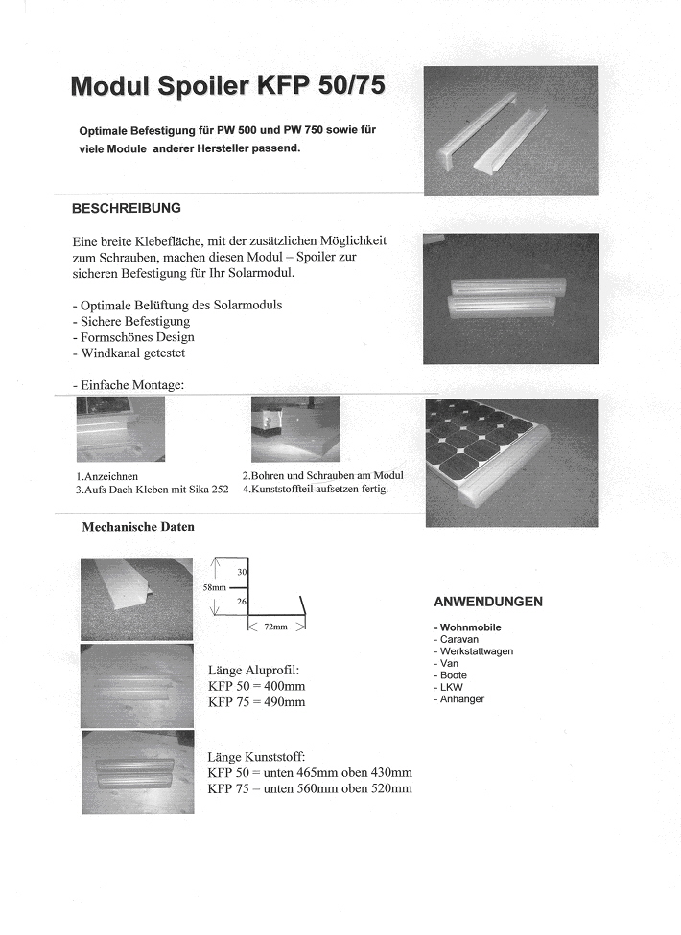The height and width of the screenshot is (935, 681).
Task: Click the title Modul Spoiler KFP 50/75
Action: tap(228, 86)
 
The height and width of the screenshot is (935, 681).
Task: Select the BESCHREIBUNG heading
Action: tap(126, 207)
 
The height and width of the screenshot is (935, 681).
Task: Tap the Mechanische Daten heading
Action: tap(138, 526)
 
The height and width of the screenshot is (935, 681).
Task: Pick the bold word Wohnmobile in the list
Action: tap(470, 627)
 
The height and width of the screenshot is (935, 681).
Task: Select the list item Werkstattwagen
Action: tap(476, 651)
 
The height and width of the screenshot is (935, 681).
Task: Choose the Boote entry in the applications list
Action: tap(454, 675)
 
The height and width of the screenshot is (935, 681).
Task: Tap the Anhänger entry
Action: tap(461, 699)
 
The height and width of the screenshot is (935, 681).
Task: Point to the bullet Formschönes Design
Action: tap(133, 337)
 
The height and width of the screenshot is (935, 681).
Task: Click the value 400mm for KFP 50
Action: tap(284, 686)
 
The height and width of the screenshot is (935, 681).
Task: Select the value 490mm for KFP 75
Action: tap(284, 702)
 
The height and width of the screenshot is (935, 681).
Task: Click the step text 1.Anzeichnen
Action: tap(106, 476)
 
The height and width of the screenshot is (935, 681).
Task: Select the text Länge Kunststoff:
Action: tap(256, 757)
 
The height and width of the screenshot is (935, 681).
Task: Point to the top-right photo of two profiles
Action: tap(509, 130)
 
